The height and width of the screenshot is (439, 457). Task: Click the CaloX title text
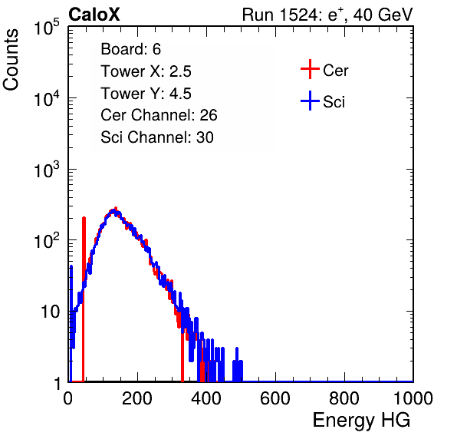click(x=94, y=15)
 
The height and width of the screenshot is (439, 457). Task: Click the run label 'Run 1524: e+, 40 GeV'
click(x=327, y=15)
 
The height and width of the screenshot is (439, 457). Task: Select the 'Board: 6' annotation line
click(x=130, y=49)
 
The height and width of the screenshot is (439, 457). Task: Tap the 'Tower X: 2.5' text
click(x=146, y=71)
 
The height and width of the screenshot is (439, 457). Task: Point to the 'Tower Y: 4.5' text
click(x=146, y=94)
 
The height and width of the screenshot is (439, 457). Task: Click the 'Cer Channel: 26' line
click(x=159, y=115)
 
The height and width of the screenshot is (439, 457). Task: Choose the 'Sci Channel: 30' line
click(x=157, y=137)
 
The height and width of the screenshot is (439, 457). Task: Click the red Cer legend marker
click(x=310, y=69)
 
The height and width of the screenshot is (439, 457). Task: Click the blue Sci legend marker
click(x=310, y=101)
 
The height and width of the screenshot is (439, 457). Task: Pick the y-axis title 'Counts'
click(x=11, y=60)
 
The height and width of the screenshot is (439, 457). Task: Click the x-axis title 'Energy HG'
click(x=361, y=421)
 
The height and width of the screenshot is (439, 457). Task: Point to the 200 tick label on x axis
click(x=137, y=398)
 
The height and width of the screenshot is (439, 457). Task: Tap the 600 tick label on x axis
click(x=275, y=398)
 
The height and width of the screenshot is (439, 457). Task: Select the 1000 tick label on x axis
click(x=413, y=398)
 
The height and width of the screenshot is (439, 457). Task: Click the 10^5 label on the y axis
click(x=47, y=28)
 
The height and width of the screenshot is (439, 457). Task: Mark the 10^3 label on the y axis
click(x=47, y=170)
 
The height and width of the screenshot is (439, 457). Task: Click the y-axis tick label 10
click(x=50, y=312)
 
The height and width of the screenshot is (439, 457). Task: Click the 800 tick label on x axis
click(x=344, y=398)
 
